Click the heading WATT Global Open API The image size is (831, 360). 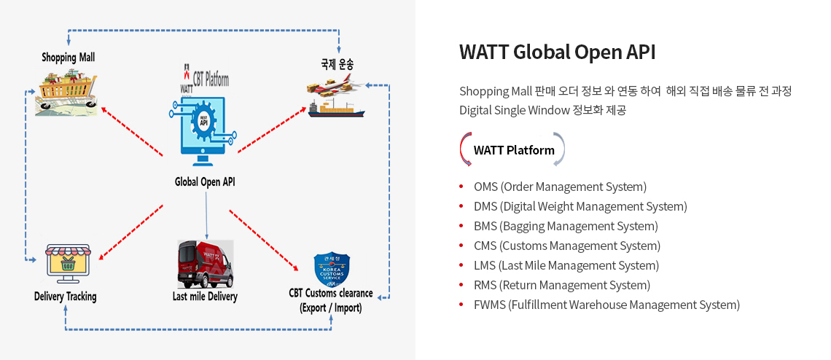557,52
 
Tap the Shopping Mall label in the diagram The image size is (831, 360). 68,57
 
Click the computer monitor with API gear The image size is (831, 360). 206,127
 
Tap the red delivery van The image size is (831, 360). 205,264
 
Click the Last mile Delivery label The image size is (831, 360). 205,297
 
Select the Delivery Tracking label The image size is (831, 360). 65,297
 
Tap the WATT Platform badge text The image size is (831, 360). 513,150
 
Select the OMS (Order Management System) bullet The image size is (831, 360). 559,187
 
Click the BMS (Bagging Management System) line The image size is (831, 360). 565,226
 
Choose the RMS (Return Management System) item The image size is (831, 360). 561,285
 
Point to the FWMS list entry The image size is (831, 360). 606,305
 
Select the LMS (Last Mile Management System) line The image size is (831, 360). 566,265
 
